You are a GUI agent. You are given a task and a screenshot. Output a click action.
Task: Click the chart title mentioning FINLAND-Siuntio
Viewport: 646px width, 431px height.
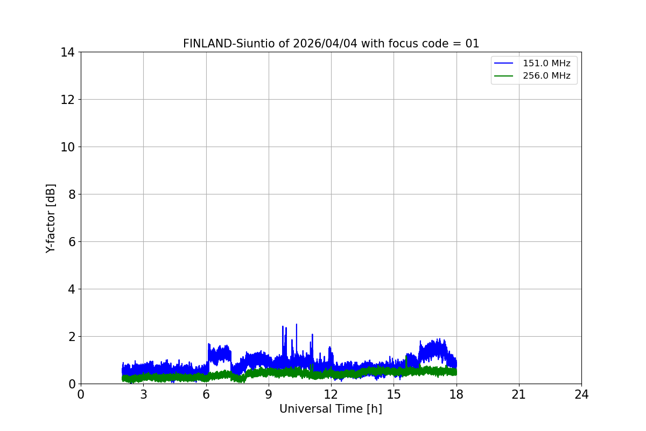331,44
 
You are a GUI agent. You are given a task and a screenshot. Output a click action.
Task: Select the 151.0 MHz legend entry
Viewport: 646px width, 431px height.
546,63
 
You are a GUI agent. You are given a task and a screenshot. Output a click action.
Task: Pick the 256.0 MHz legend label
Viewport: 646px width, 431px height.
546,75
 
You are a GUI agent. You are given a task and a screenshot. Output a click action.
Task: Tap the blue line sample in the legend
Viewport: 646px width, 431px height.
503,63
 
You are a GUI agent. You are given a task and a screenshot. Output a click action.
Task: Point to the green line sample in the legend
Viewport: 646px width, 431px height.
503,76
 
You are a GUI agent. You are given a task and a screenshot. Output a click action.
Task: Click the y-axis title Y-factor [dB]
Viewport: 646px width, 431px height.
51,219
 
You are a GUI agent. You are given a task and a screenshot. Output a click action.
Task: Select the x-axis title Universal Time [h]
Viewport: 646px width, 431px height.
331,409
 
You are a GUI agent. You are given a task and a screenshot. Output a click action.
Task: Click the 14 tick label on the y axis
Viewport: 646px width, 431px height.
67,53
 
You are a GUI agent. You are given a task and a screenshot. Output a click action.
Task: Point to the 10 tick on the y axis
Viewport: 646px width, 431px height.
67,147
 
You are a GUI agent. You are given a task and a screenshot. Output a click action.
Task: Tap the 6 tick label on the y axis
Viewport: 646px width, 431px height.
72,242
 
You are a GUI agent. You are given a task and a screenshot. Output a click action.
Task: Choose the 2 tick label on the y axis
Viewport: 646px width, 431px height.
72,337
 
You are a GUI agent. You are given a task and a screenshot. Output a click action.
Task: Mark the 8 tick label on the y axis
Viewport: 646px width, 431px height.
72,194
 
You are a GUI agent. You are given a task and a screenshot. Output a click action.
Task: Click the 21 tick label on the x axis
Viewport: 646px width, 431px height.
519,394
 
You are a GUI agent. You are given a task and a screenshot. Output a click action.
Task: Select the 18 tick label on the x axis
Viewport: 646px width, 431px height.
457,394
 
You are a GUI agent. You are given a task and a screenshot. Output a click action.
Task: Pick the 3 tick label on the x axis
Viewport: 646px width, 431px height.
144,394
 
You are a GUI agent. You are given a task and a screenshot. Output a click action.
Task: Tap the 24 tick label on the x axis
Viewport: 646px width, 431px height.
581,394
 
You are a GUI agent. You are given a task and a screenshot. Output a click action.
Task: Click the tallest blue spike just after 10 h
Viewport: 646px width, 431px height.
297,324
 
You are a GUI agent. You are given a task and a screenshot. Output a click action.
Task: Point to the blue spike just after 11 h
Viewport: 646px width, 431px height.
312,335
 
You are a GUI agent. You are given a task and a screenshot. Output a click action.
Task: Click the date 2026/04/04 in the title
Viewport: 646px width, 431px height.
325,44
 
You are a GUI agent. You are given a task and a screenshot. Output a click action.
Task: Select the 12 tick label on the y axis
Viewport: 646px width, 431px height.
67,100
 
